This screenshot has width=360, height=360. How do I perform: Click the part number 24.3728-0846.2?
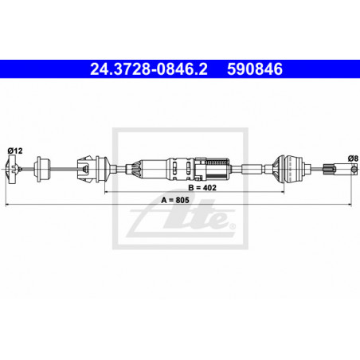149,69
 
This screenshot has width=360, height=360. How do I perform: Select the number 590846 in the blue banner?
255,69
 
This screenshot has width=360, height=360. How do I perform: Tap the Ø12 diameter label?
15,151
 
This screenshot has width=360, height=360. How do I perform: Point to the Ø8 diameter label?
354,158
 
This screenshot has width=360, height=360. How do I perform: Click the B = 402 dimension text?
202,188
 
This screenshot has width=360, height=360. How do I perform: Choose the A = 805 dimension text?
175,200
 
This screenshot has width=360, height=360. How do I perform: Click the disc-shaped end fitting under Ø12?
12,169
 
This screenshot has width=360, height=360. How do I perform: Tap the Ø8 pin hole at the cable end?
354,169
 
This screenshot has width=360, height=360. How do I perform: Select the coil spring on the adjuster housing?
217,162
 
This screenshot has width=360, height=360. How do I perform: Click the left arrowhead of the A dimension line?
6,205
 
